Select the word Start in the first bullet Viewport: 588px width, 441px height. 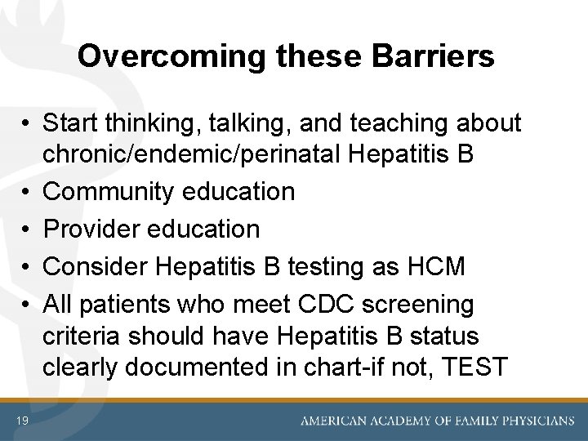(69, 122)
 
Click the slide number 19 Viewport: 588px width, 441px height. (22, 421)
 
